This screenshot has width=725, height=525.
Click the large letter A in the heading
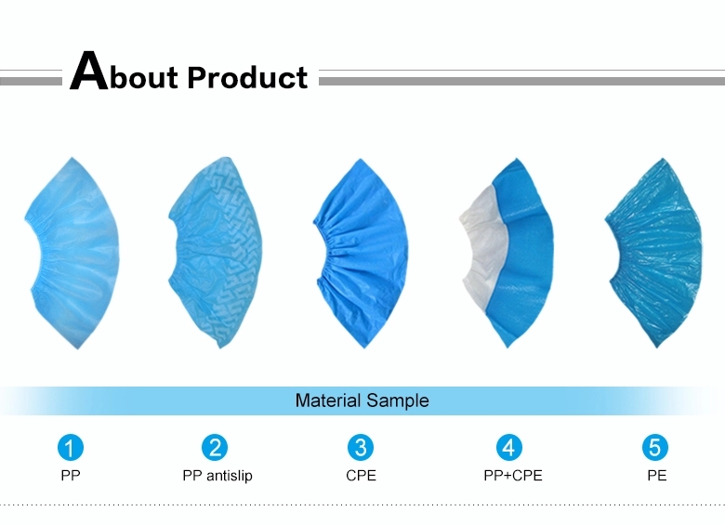pos(88,72)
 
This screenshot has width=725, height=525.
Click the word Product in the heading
pos(247,77)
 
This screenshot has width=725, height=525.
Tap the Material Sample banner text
pos(362,401)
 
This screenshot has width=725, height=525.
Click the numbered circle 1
pos(71,448)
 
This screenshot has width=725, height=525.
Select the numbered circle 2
pos(216,448)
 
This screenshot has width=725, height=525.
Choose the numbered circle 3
pos(361,448)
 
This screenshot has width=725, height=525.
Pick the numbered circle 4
pos(507,448)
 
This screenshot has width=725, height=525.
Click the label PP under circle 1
pos(71,476)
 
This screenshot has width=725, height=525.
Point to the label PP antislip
pos(217,476)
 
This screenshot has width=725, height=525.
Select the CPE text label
pos(361,476)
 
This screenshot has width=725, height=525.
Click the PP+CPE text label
pos(507,476)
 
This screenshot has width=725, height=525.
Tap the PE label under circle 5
pos(656,476)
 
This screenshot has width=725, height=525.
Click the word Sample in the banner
pos(397,401)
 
